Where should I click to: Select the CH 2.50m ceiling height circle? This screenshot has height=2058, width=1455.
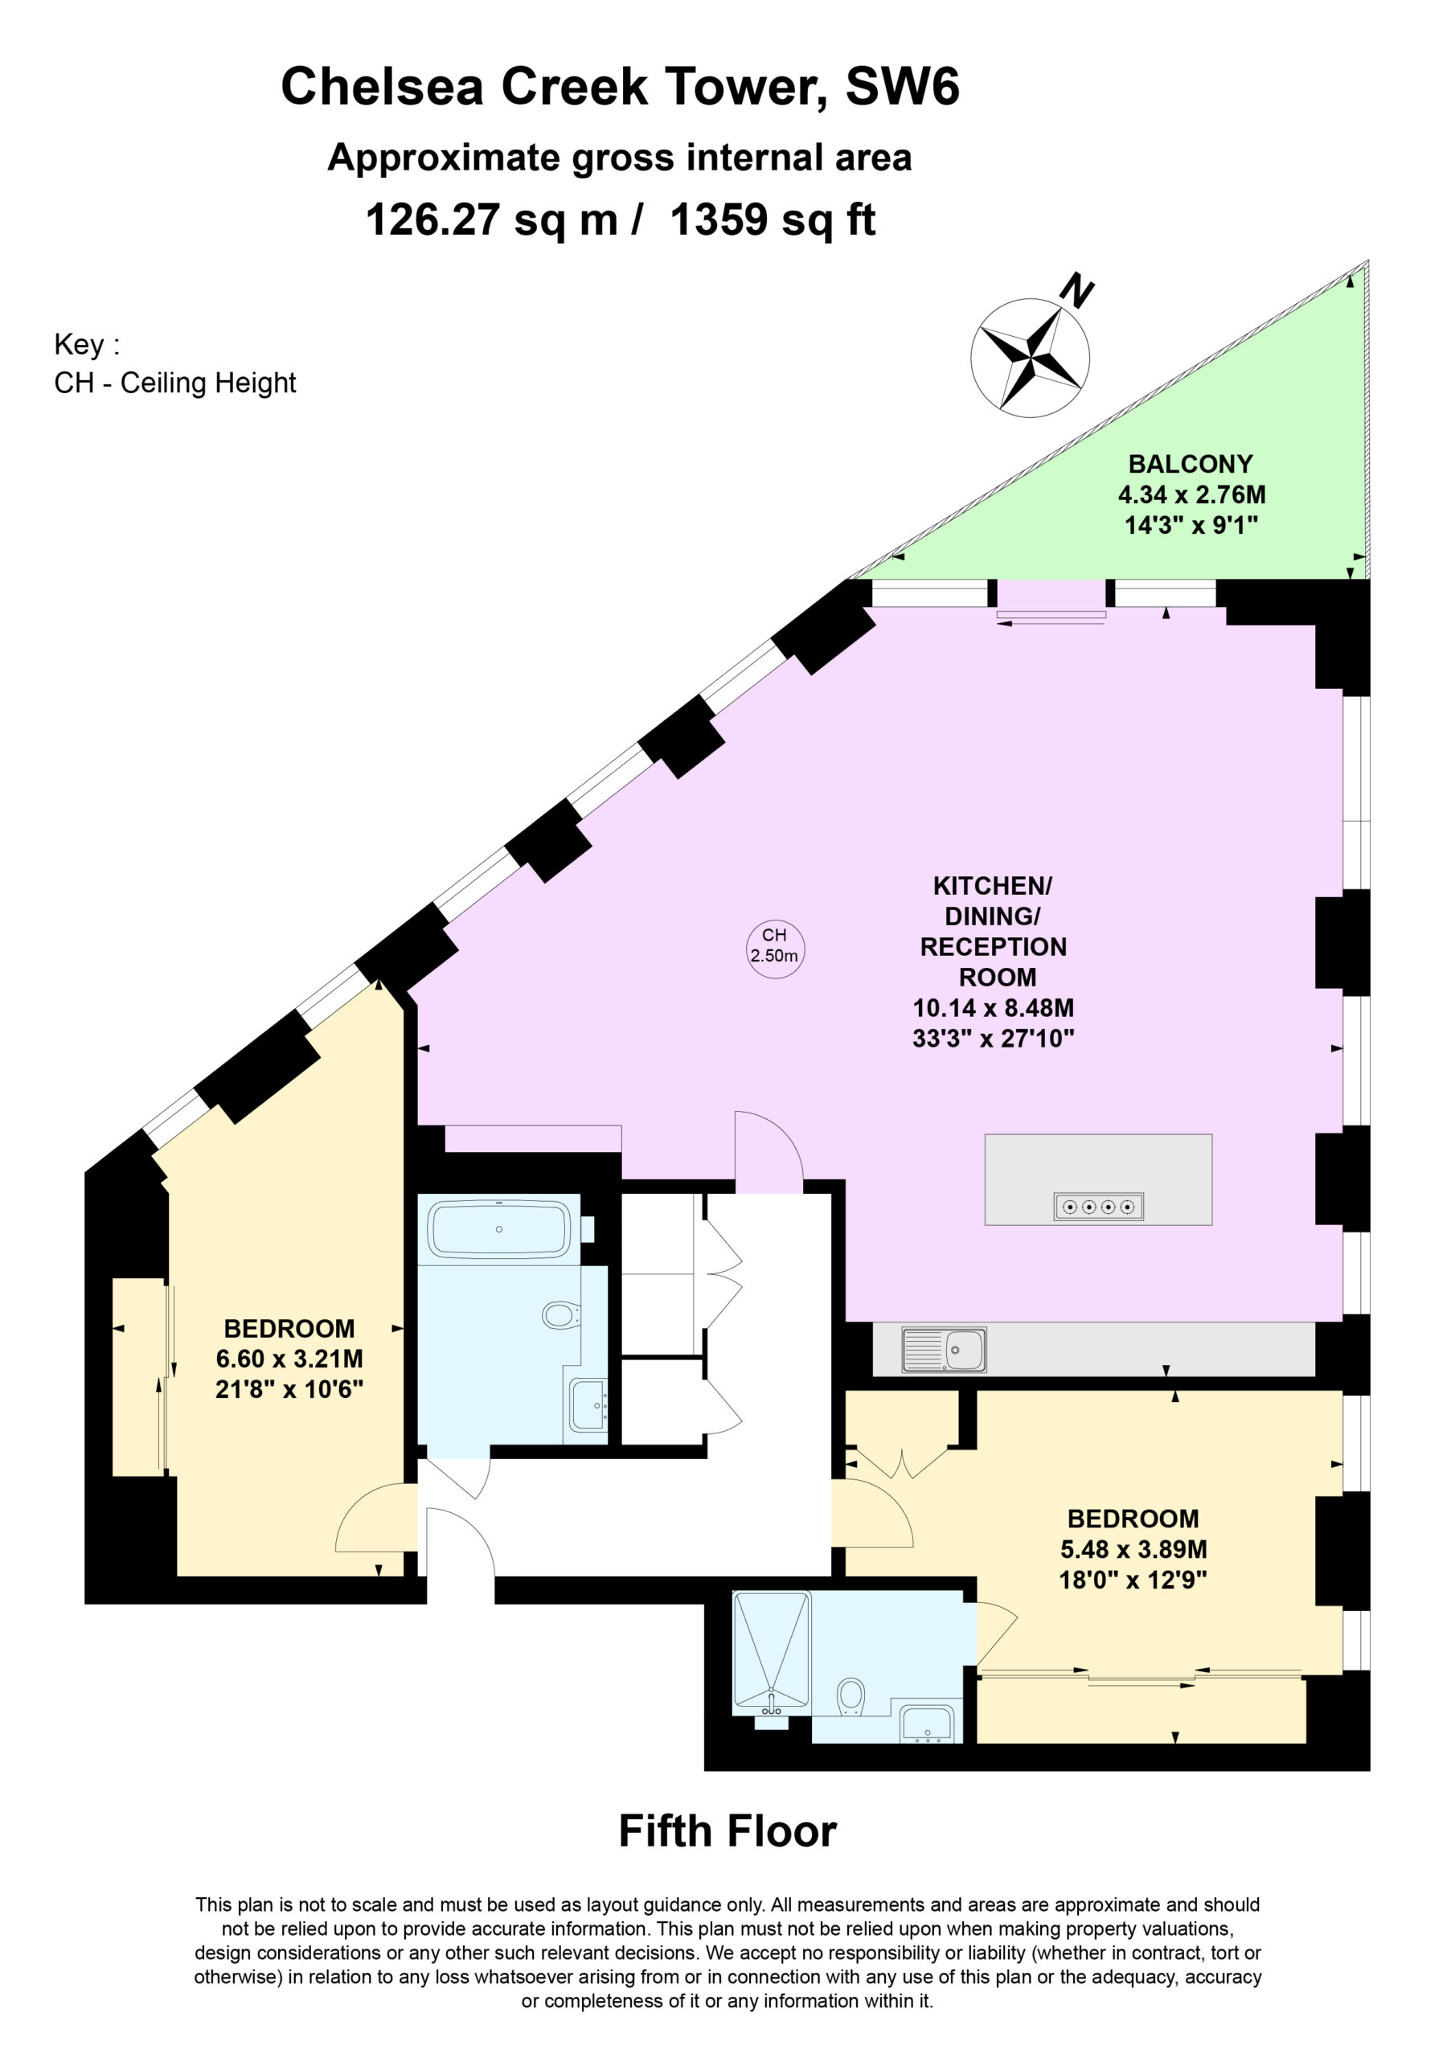775,949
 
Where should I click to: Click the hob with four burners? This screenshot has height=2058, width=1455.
1098,1207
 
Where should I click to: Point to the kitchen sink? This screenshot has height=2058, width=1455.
944,1350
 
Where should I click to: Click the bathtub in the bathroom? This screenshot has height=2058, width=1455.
499,1229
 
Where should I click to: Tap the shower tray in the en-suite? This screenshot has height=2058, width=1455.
771,1652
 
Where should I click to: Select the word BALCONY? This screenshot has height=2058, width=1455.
1191,465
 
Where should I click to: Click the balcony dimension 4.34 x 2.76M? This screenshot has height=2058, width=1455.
1191,494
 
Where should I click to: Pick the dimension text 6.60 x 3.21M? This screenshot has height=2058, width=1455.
289,1359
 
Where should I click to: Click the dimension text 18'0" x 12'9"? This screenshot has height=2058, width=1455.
1133,1580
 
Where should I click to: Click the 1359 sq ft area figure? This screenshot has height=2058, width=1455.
773,219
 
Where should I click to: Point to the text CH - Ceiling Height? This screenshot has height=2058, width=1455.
174,383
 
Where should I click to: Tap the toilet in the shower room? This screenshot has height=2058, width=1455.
850,1697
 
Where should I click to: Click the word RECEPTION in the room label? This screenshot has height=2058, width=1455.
994,946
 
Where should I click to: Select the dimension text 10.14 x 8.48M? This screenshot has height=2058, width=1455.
994,1007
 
